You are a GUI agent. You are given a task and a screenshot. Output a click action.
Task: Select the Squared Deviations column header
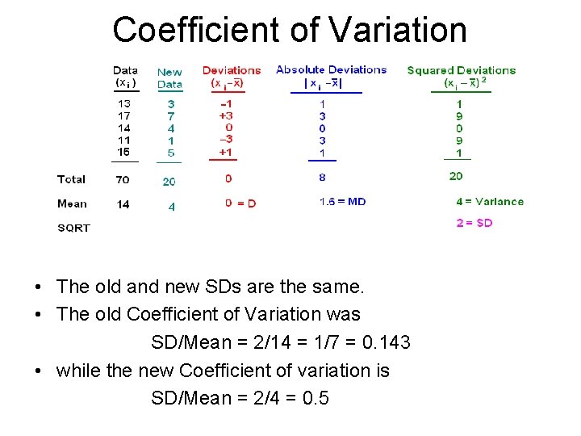[461, 70]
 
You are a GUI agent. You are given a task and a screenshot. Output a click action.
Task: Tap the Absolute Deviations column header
[331, 69]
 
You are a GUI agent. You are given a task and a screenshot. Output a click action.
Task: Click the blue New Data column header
[169, 78]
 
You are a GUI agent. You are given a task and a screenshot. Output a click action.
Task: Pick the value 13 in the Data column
[123, 104]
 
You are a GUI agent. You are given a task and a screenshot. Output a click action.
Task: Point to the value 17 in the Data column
[123, 116]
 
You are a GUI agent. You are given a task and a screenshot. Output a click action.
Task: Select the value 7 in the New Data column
[170, 116]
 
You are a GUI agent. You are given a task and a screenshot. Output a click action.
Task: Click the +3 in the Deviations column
[226, 115]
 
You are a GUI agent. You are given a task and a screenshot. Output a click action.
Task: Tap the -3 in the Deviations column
[226, 140]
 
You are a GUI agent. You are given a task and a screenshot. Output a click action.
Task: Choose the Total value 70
[123, 179]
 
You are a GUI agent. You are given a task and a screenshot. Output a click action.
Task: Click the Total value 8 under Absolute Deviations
[322, 178]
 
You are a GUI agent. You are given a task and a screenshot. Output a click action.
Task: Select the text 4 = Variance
[489, 202]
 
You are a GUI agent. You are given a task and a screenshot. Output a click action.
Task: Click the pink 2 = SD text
[474, 223]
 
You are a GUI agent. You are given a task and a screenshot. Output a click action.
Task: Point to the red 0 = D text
[240, 203]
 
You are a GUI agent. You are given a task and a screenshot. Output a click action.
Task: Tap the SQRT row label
[73, 228]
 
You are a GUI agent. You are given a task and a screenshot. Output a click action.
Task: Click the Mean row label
[72, 203]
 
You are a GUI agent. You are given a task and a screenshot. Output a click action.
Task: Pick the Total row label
[72, 179]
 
